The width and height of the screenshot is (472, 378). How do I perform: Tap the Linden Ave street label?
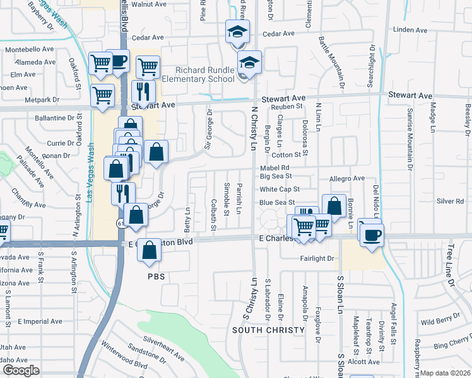[410, 30]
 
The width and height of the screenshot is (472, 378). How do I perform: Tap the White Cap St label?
[279, 189]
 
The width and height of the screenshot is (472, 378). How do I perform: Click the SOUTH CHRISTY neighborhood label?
[268, 330]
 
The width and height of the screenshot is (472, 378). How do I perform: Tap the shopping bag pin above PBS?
[149, 249]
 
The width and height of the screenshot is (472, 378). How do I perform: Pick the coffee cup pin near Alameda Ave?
[117, 60]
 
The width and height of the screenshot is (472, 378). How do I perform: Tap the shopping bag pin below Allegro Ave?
[334, 205]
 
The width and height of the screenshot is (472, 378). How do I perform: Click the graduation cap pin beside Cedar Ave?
[238, 31]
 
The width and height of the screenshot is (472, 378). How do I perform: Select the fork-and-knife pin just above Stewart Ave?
[143, 91]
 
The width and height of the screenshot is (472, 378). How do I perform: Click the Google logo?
[20, 370]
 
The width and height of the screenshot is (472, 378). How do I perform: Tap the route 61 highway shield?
[120, 223]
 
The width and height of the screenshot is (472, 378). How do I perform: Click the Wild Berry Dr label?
[444, 321]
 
